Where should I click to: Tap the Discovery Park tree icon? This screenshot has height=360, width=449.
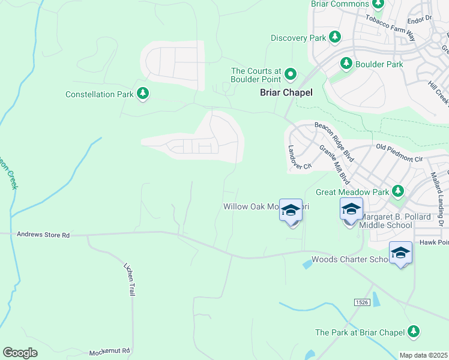click(x=335, y=38)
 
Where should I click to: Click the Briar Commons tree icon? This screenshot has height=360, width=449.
click(x=378, y=4)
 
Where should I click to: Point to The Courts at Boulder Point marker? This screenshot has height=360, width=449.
click(x=291, y=74)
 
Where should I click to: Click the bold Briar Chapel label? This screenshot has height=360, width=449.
click(x=286, y=92)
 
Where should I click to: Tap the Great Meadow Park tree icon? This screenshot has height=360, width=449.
click(x=397, y=191)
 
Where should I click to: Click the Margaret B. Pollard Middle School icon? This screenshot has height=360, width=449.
click(x=351, y=209)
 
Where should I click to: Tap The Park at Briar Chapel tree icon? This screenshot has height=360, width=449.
click(x=413, y=331)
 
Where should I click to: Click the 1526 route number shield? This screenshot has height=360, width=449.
click(x=360, y=302)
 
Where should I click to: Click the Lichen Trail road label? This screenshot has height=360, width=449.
click(x=129, y=279)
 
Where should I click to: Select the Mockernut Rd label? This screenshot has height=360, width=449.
click(x=110, y=352)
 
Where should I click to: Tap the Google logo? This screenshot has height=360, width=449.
click(x=20, y=353)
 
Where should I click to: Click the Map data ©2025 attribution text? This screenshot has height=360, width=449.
click(x=423, y=355)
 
